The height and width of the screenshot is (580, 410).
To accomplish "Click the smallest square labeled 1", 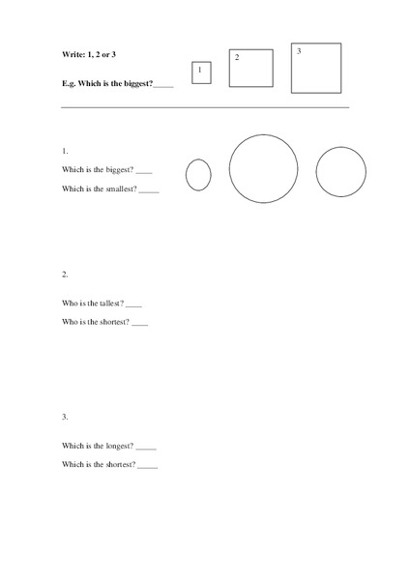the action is click(201, 72).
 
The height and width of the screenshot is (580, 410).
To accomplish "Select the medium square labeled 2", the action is click(250, 68).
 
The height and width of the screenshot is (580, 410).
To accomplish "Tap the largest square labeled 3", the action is click(316, 68).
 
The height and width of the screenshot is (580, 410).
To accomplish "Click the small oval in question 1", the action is click(198, 175).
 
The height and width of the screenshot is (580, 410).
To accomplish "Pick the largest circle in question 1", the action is click(263, 169).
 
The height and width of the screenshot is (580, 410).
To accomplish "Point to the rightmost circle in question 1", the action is click(340, 172).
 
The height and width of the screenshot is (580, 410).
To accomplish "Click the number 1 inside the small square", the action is click(199, 70).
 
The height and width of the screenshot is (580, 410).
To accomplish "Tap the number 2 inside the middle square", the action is click(236, 58).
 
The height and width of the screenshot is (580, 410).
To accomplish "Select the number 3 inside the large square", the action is click(299, 50).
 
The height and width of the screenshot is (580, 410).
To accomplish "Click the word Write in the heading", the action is click(73, 54).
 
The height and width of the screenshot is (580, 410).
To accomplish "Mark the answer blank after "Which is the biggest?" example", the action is click(163, 85).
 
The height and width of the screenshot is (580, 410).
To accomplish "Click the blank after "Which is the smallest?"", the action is click(149, 191).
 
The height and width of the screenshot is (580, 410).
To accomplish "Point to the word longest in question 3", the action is click(117, 447).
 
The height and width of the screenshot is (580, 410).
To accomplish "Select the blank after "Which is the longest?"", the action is click(146, 449).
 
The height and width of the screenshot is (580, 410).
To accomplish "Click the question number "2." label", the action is click(65, 274).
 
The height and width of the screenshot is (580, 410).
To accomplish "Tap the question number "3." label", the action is click(65, 417).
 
